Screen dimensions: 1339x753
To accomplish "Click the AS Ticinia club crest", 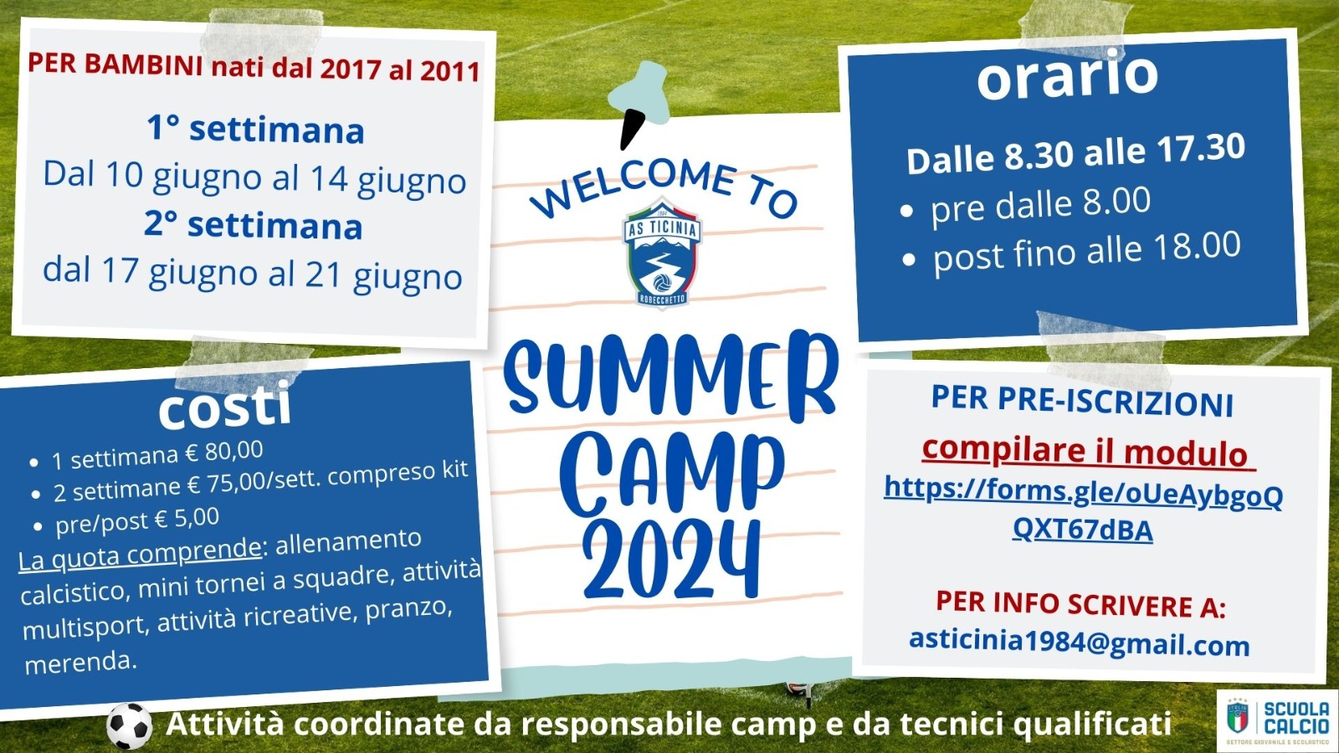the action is click(662, 252).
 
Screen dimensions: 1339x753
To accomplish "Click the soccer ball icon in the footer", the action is click(129, 725).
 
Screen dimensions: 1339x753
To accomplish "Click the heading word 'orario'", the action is click(1068, 75).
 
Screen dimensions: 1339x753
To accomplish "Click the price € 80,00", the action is click(223, 453).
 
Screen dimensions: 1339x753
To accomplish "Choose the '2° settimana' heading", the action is click(254, 225).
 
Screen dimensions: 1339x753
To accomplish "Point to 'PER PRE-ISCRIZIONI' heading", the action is click(1082, 402).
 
